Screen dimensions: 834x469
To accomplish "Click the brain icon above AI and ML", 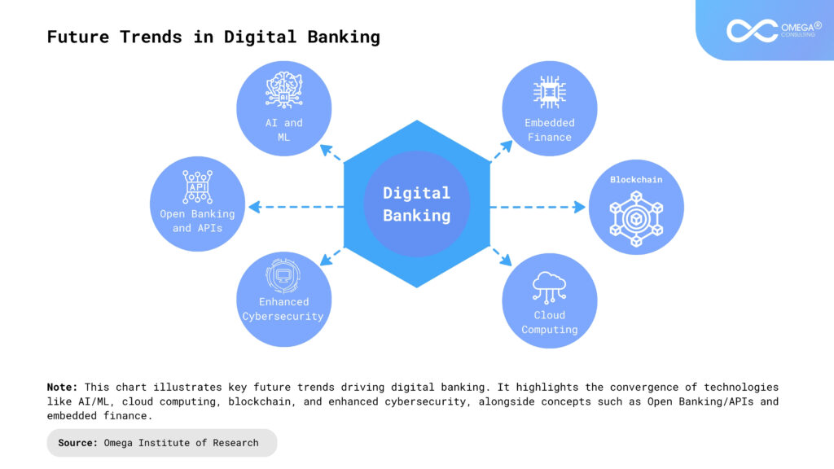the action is coord(284,90).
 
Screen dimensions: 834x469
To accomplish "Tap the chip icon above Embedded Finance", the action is coord(550,92).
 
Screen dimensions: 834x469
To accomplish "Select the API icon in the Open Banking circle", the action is coord(197,187).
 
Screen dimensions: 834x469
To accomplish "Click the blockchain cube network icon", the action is coord(636,219).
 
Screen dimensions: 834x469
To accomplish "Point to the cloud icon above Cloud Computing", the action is coord(550,287).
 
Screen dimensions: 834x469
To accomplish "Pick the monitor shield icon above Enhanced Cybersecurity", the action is coord(283,275).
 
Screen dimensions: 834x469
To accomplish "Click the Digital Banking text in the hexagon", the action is coord(416,204).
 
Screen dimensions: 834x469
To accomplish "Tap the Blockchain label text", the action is coord(636,180).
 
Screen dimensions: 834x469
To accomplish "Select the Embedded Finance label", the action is coord(550,129).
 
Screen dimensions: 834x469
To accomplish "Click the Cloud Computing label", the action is coord(550,322).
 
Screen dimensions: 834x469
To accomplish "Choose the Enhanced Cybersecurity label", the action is coord(283,309).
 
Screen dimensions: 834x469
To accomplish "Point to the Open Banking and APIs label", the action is coord(197,221).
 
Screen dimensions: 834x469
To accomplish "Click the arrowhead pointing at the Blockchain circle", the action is coord(580,207).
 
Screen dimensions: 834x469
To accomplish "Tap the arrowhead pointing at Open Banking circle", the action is coord(254,207).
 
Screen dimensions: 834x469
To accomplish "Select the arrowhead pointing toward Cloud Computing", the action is coord(507,260).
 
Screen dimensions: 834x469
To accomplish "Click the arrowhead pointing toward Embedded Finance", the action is coord(507,146).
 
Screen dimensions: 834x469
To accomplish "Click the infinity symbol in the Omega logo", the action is coord(752,31).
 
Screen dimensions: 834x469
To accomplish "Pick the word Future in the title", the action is coord(77,37).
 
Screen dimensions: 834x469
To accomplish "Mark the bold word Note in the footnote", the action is coord(62,387).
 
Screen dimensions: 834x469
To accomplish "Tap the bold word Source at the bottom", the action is coord(77,443).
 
